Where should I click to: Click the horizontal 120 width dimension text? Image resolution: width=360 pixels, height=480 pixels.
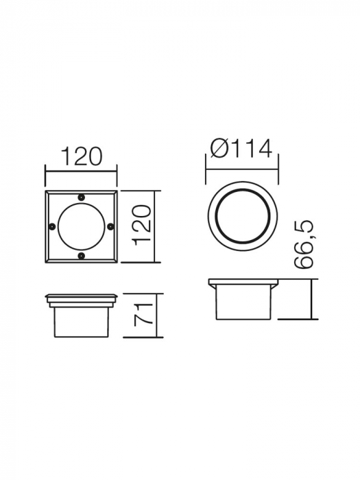[x=82, y=156]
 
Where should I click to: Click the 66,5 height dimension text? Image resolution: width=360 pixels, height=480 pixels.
[x=305, y=244]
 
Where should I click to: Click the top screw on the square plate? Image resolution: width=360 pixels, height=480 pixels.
[x=82, y=197]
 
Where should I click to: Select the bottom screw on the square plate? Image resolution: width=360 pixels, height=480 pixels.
[x=82, y=256]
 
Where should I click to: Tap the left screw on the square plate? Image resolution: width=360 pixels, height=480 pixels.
[x=52, y=227]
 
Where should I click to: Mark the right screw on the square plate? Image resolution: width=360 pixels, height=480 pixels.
[x=111, y=227]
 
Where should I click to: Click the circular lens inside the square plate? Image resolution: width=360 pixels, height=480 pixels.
[x=82, y=227]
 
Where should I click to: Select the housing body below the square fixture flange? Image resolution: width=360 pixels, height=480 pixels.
[x=82, y=320]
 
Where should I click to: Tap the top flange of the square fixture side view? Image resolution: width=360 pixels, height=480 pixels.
[x=82, y=299]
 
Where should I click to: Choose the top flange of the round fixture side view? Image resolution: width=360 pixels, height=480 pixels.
[x=243, y=283]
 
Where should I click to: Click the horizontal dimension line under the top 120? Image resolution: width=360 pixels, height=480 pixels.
[x=82, y=171]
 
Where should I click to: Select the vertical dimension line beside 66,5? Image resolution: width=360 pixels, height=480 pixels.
[x=312, y=300]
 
